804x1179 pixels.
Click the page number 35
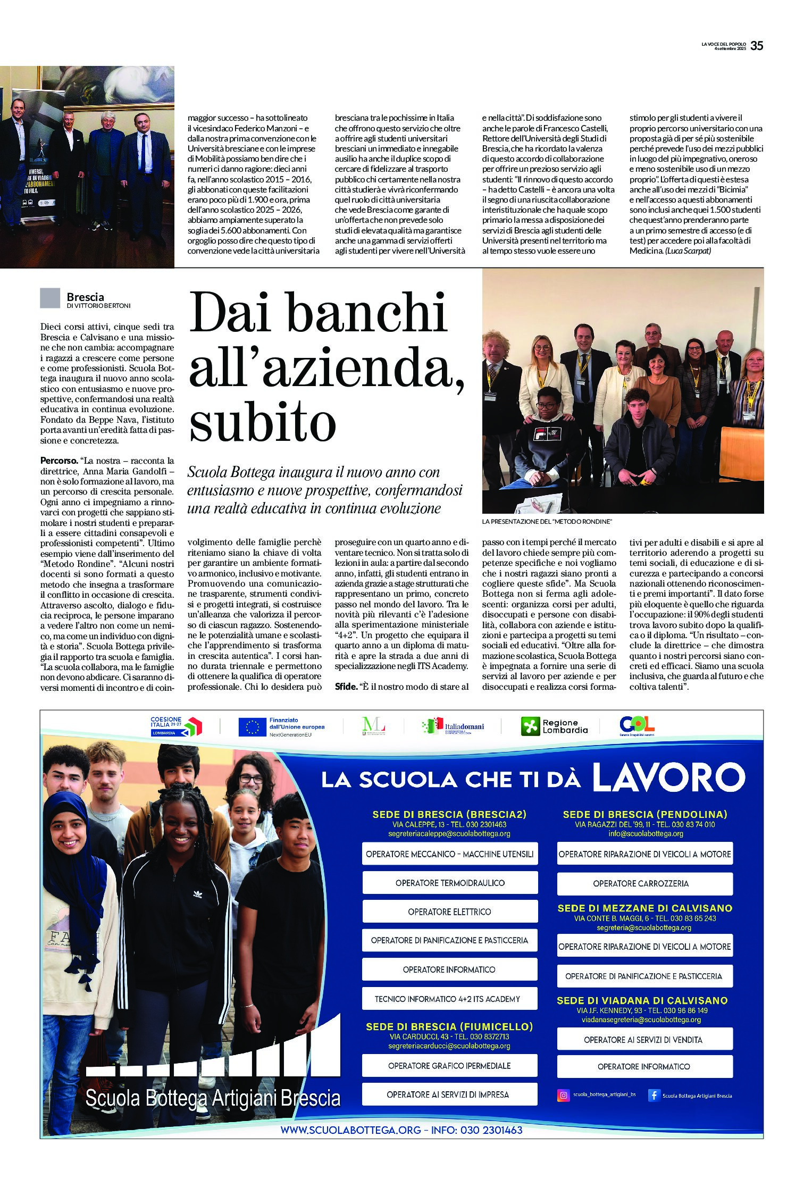[757, 46]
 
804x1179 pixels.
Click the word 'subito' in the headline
[263, 423]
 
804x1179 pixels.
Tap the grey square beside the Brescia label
[50, 298]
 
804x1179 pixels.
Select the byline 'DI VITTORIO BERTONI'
[98, 306]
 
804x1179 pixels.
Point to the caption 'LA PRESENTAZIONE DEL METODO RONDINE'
[547, 522]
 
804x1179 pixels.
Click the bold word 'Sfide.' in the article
[346, 687]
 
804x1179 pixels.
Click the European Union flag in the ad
[252, 726]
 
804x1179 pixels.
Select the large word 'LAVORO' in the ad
[668, 777]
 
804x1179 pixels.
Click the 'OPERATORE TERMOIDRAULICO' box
[450, 883]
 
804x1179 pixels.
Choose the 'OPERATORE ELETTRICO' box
[450, 912]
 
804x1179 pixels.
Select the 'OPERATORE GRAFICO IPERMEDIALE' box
[449, 1066]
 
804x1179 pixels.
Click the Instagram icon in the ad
[563, 1095]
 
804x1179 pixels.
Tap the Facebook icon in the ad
[654, 1095]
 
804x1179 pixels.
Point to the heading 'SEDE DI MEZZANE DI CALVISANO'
[644, 908]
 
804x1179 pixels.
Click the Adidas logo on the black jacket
[197, 894]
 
